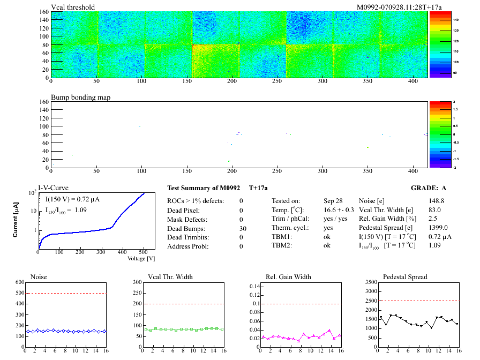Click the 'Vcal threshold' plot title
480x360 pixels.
pos(73,7)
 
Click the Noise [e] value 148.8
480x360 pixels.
pos(437,201)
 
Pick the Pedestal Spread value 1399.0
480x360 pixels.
pos(438,228)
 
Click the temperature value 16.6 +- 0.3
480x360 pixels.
pos(339,210)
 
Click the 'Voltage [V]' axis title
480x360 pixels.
pos(141,259)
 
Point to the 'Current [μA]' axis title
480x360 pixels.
pos(16,220)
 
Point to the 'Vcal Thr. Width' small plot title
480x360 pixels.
pos(170,277)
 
